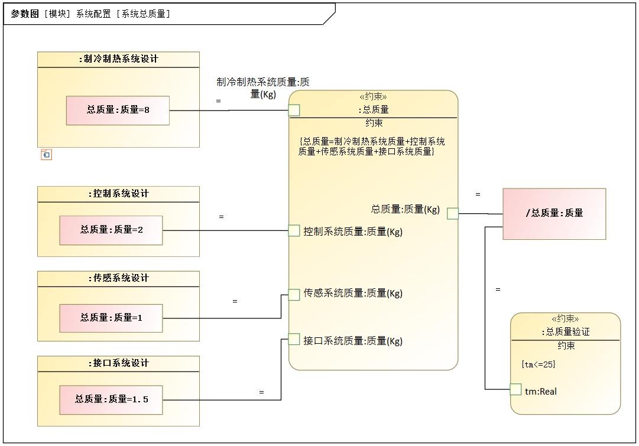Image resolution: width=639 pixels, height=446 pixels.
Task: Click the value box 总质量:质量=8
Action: (118, 110)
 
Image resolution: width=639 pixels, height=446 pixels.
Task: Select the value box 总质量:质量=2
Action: (111, 230)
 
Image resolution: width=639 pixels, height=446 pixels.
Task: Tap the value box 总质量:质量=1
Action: (111, 318)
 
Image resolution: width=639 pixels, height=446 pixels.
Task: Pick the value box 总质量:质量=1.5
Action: (111, 400)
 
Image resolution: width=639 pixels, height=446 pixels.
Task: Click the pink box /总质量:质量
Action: (554, 214)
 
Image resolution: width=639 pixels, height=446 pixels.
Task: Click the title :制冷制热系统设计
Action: (119, 59)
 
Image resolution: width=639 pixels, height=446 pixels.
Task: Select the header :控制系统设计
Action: (119, 194)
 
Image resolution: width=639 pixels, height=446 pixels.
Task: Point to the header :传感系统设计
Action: (119, 278)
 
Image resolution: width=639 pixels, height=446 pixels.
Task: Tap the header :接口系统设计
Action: (119, 363)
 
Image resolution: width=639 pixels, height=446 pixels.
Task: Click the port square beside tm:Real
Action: (516, 389)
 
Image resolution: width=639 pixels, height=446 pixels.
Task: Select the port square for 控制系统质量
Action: (294, 230)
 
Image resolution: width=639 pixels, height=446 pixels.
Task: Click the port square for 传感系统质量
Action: (294, 295)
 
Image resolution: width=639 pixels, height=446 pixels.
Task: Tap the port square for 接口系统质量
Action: (294, 339)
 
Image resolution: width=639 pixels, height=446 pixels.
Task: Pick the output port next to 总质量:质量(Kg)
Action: (453, 213)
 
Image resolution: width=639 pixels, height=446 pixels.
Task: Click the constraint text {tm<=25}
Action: (539, 364)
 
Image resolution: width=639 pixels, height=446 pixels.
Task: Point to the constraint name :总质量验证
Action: (566, 332)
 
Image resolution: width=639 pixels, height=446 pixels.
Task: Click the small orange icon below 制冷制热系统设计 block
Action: (47, 155)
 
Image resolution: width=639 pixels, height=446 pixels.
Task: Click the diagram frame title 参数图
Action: (24, 14)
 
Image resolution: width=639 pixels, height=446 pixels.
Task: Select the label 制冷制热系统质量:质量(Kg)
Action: (263, 88)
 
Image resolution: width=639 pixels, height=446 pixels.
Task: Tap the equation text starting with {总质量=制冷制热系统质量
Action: (371, 147)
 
